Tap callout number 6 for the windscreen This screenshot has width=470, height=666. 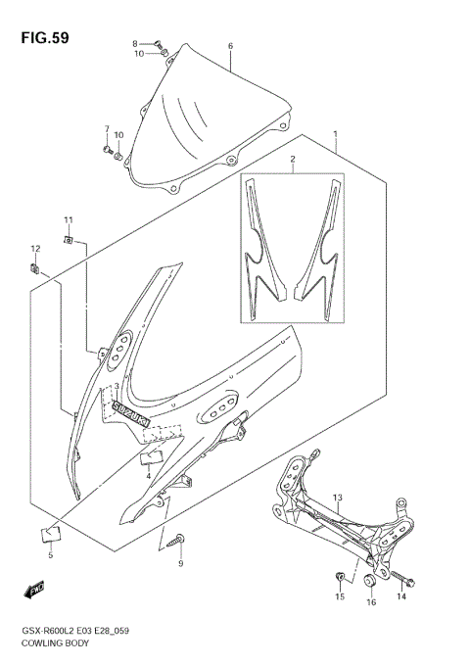click(x=230, y=46)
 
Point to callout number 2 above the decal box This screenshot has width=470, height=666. click(x=291, y=158)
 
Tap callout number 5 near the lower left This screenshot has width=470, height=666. click(x=50, y=555)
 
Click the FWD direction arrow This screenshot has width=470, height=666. click(x=36, y=590)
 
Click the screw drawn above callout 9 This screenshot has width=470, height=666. click(x=180, y=538)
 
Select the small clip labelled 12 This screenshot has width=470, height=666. click(x=34, y=266)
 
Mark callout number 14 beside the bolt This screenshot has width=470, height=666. click(x=401, y=596)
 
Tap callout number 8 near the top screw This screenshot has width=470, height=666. click(x=135, y=44)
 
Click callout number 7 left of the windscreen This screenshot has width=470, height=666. click(x=107, y=129)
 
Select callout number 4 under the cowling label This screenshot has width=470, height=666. click(x=148, y=475)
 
